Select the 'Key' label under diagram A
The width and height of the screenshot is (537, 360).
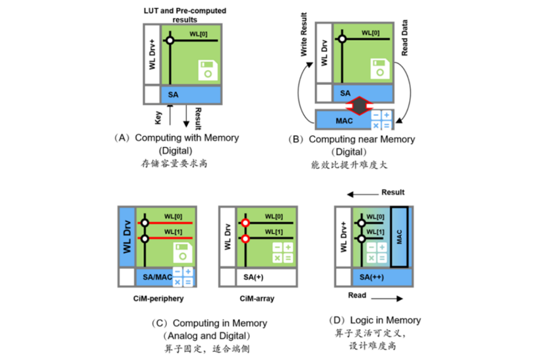point(158,118)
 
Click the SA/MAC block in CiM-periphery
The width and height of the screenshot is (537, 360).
point(154,278)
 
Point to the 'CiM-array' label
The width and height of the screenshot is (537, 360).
point(257,299)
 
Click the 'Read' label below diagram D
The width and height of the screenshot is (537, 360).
point(357,296)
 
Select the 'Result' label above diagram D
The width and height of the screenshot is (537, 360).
point(393,193)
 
